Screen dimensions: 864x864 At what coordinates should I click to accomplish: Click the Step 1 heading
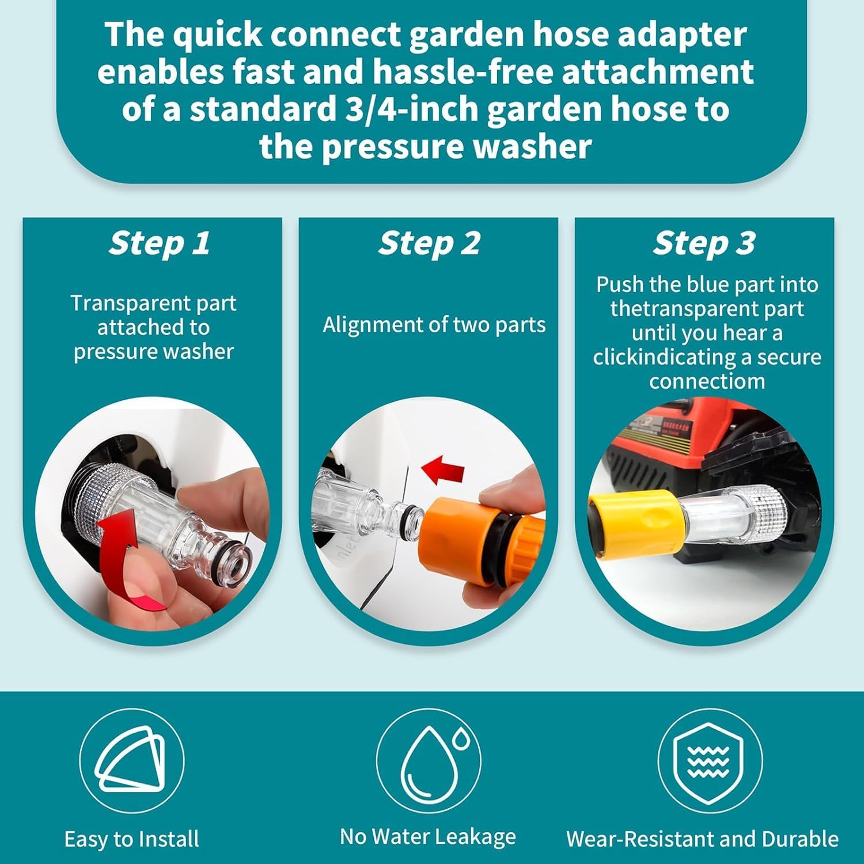tap(160, 243)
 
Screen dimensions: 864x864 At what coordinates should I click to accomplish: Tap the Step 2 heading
tap(429, 243)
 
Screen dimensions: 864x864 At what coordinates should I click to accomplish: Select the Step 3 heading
tap(704, 243)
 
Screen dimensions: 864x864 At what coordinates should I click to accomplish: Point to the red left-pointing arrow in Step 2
tap(444, 469)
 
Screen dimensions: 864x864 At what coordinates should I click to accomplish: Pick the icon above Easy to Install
tap(131, 760)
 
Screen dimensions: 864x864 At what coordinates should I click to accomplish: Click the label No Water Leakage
tap(427, 836)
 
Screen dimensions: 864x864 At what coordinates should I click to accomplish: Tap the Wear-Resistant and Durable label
tap(702, 839)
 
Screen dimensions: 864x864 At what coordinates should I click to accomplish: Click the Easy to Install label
tap(131, 839)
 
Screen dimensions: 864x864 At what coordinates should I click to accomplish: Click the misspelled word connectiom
tap(707, 381)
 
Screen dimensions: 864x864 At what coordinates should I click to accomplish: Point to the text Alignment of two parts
tap(434, 325)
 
